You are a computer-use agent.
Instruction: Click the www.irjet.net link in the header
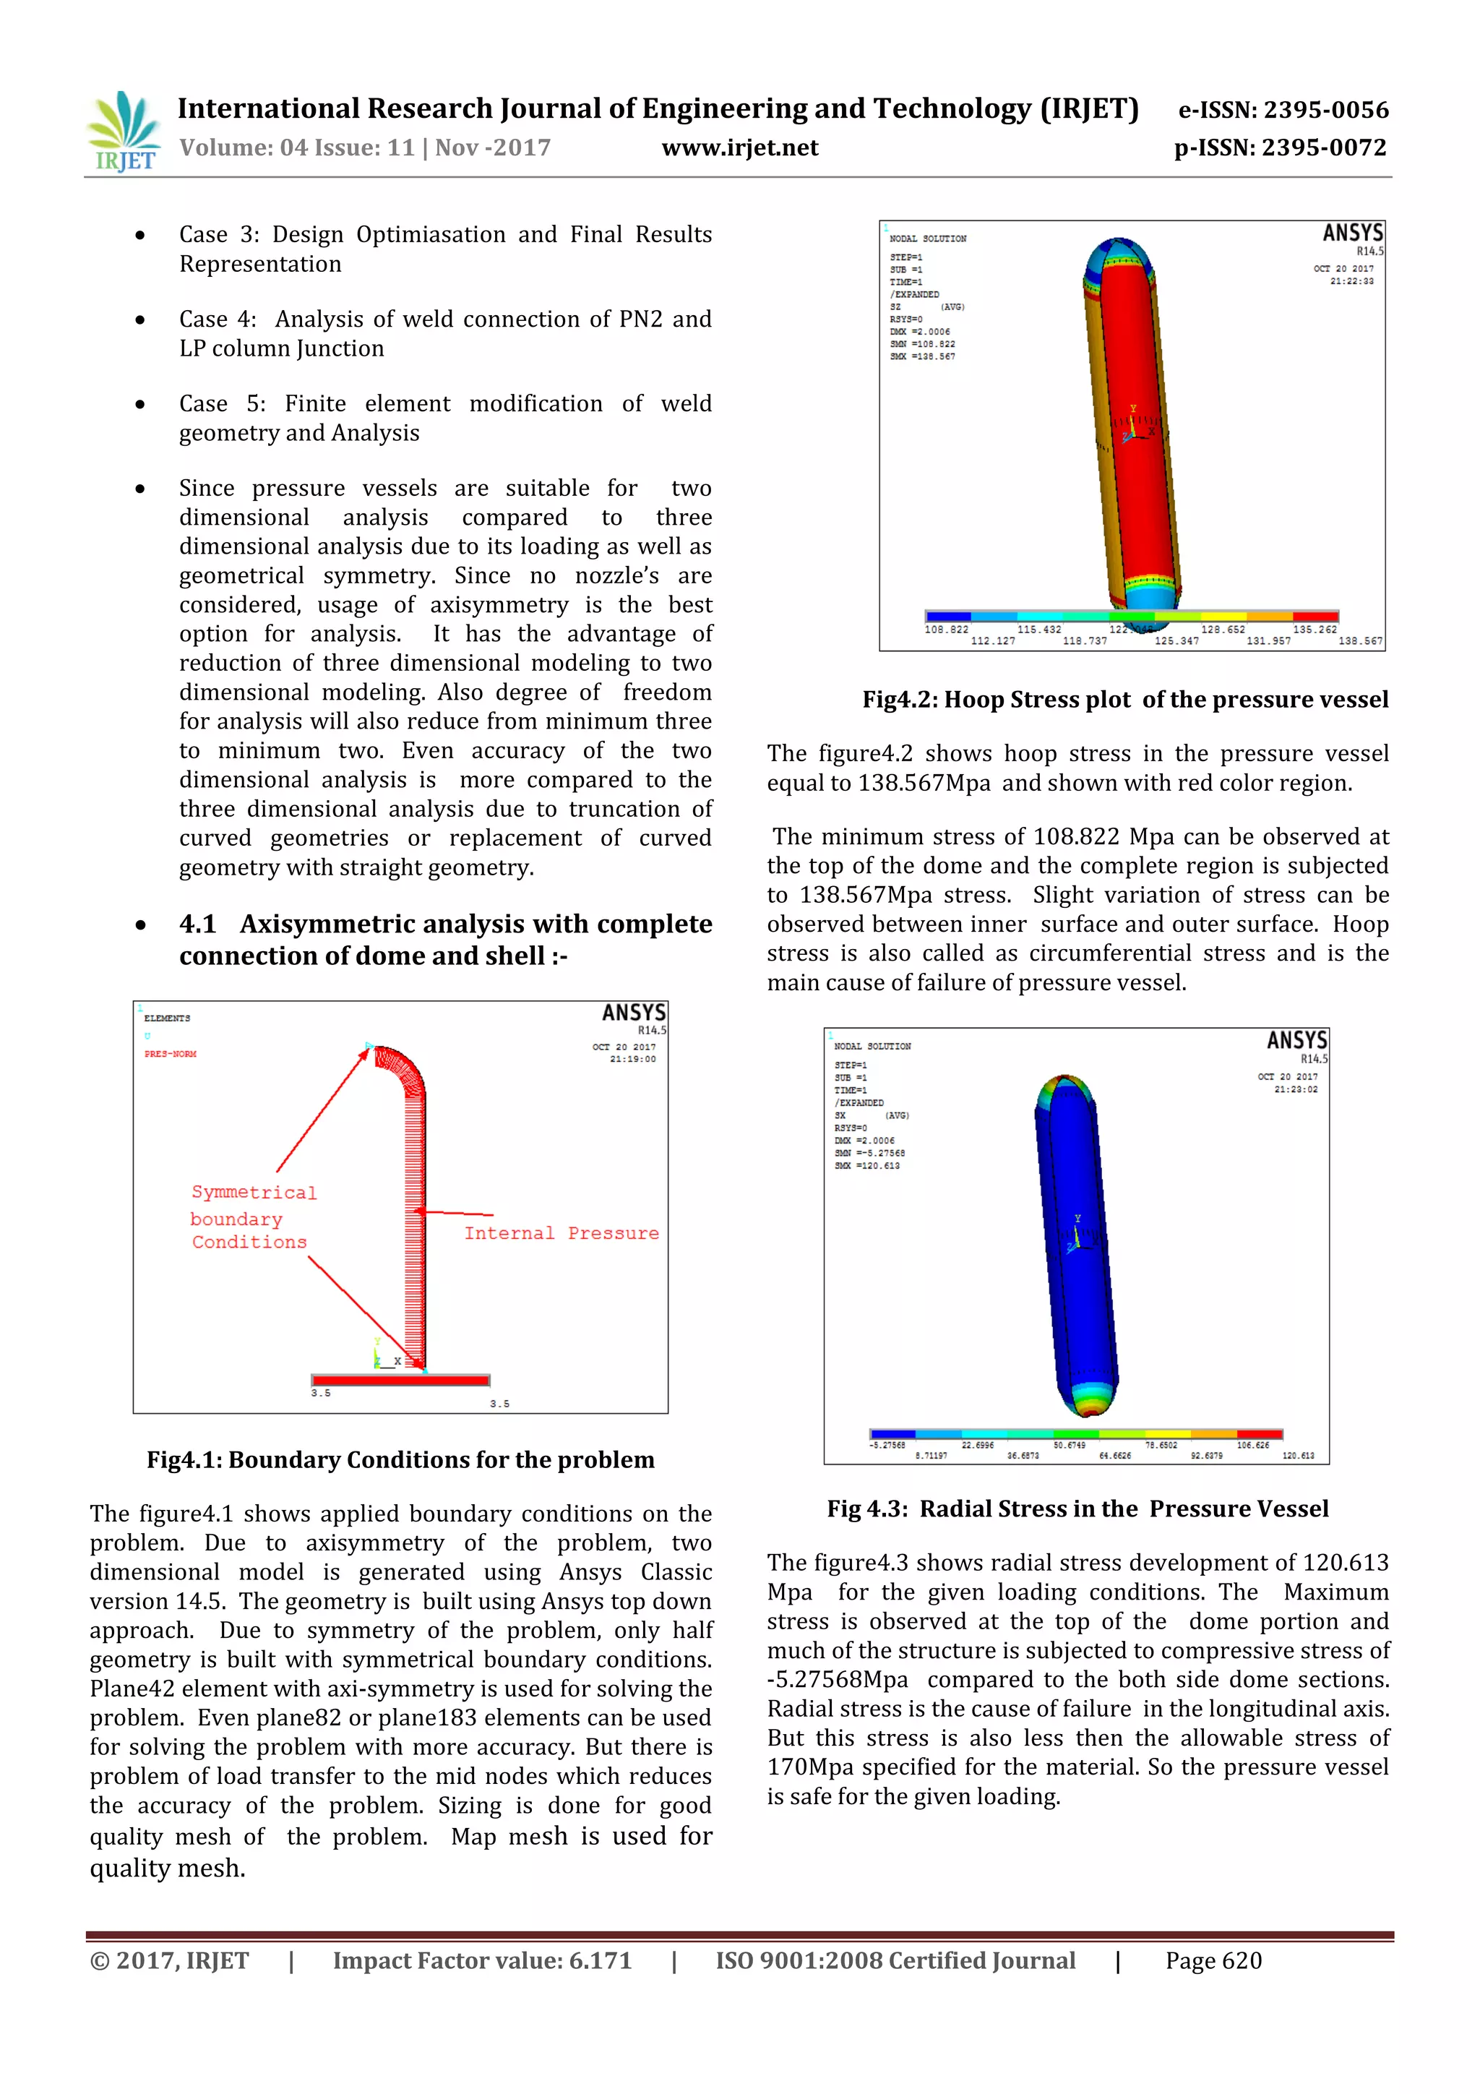coord(739,147)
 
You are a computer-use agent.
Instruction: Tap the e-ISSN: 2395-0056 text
coord(1283,111)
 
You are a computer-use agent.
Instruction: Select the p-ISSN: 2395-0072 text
coord(1281,147)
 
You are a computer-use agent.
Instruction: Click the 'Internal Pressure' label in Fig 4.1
coord(561,1233)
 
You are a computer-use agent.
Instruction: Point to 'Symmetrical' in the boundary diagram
coord(254,1192)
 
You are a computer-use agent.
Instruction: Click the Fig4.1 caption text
coord(400,1459)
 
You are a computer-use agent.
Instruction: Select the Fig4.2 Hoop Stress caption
coord(1125,700)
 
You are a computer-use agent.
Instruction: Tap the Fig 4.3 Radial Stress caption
coord(1077,1509)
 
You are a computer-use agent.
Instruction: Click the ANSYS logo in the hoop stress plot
coord(1352,233)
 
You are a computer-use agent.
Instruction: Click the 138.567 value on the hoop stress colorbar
coord(1359,641)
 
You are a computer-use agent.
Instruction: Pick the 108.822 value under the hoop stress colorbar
coord(946,630)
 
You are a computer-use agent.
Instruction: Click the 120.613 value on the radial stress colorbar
coord(1298,1456)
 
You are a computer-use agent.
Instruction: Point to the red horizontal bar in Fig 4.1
coord(400,1380)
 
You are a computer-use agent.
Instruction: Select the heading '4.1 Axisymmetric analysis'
coord(445,940)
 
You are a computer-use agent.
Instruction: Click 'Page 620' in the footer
coord(1213,1961)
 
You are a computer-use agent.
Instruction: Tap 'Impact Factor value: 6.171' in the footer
coord(481,1961)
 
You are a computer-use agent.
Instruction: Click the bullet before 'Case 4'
coord(139,320)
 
